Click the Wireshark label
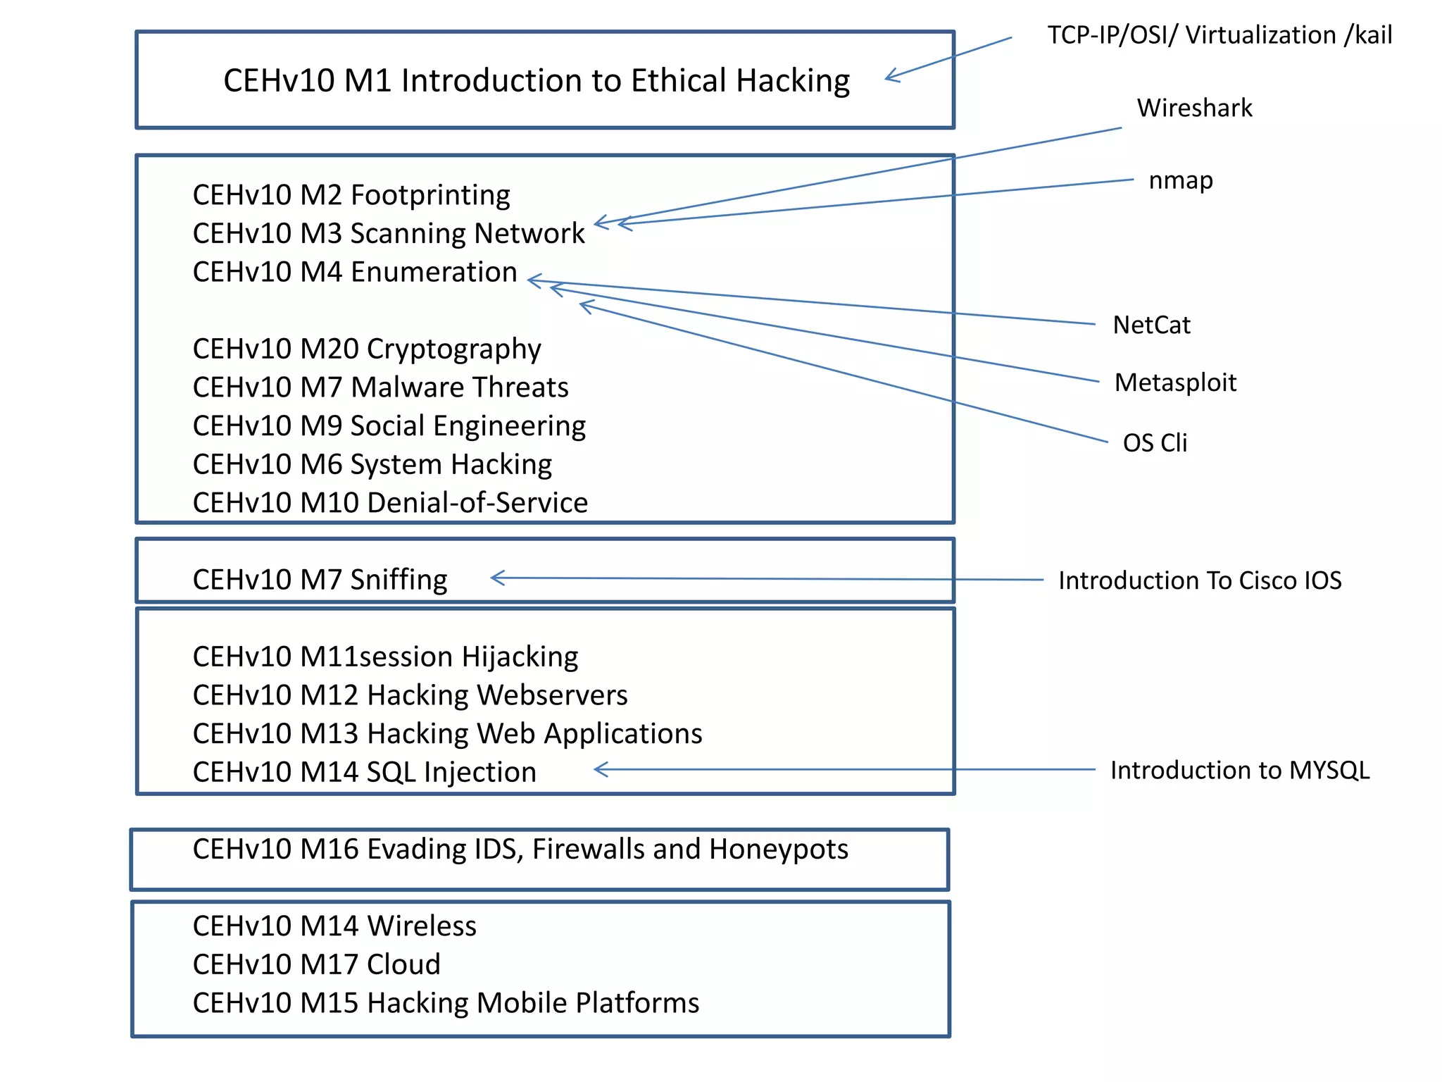point(1194,108)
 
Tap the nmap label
point(1181,180)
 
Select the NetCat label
point(1151,325)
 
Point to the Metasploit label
point(1175,383)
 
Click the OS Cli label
point(1155,442)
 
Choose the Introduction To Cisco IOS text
point(1200,580)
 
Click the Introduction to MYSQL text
point(1239,770)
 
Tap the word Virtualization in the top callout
point(1260,35)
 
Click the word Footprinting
point(430,195)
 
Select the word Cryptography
point(453,349)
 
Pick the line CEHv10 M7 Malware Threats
point(380,387)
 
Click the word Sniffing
point(399,580)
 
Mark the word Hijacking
point(520,657)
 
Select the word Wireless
point(421,926)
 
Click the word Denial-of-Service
point(477,503)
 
